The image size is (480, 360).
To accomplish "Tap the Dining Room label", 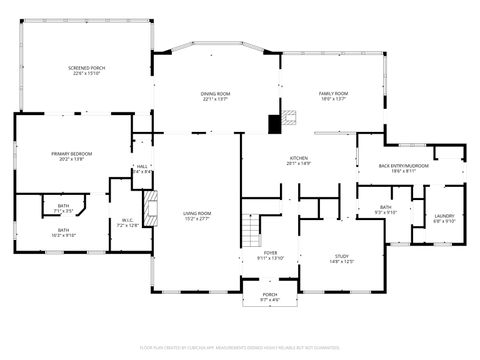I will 216,96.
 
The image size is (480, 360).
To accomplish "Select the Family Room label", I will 332,96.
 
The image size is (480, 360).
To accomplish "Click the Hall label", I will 142,168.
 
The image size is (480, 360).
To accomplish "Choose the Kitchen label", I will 298,160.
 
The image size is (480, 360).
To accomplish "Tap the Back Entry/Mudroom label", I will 396,168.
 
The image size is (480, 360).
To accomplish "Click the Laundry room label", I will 444,218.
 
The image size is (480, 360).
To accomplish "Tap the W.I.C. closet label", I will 128,222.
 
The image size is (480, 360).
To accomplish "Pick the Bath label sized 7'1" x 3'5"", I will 62,208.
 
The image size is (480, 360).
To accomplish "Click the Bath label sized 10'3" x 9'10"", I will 63,232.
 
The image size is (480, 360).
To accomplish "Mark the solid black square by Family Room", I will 274,124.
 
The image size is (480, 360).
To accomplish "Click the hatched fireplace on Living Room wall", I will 152,210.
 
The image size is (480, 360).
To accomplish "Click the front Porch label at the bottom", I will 269,296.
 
